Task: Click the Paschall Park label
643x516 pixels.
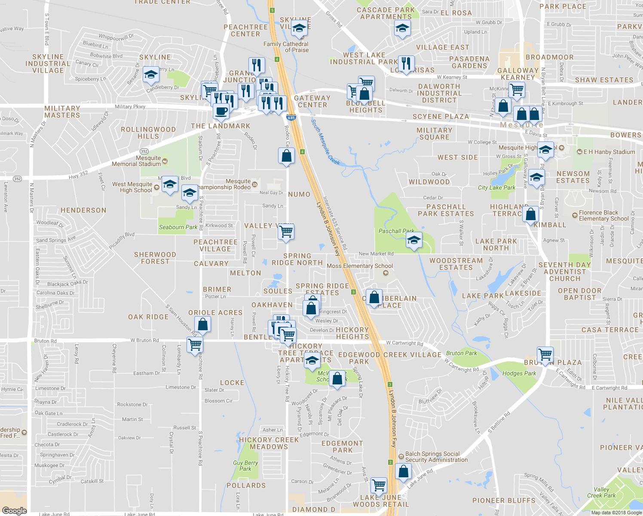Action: [396, 231]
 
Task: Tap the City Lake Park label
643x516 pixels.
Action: [496, 188]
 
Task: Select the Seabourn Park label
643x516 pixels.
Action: [178, 227]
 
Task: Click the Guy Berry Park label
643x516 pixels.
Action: [245, 466]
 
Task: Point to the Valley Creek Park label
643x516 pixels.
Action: [601, 492]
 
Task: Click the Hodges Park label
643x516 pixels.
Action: [519, 373]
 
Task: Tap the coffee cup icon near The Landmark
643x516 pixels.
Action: [221, 111]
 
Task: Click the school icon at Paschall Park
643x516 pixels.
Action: [414, 240]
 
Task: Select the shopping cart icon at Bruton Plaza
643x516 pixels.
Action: [545, 355]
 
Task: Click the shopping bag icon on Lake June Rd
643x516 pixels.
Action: [404, 472]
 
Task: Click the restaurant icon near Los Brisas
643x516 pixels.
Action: [406, 63]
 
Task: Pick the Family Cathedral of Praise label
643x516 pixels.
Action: [286, 47]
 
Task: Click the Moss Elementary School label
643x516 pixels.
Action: [360, 266]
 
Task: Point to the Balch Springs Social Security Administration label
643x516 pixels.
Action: [436, 457]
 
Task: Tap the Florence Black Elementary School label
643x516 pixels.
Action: [603, 215]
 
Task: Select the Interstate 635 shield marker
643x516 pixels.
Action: [291, 117]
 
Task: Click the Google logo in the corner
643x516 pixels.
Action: [14, 510]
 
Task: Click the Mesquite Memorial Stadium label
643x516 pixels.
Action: [137, 161]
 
